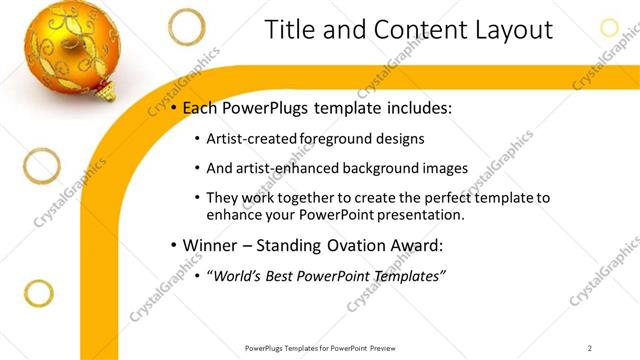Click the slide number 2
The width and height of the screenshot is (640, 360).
coord(590,348)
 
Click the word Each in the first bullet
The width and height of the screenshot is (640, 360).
coord(197,107)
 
